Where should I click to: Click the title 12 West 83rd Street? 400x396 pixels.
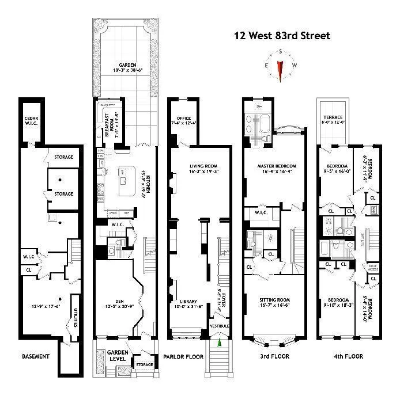[282, 36]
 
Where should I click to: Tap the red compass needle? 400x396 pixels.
[280, 70]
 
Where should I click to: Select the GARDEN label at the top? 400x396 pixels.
[123, 65]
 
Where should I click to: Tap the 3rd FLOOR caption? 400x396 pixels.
[274, 356]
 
